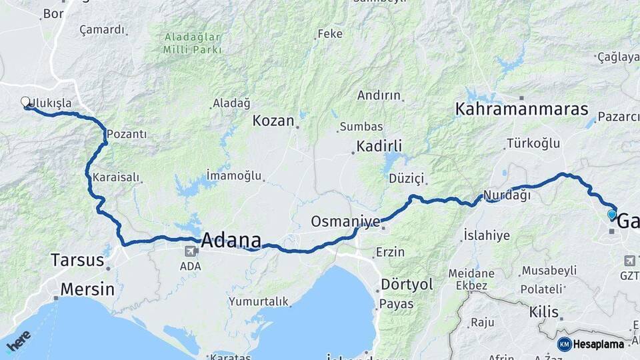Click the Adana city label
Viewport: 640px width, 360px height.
click(231, 240)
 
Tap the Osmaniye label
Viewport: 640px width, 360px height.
click(345, 221)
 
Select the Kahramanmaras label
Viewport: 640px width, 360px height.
click(521, 109)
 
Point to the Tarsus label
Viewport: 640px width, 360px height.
click(77, 260)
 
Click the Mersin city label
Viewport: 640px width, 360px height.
click(87, 289)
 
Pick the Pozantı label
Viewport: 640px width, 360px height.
click(127, 134)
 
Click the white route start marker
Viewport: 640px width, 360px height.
click(26, 102)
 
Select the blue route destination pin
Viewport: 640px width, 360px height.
click(612, 215)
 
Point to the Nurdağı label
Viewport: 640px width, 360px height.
click(506, 195)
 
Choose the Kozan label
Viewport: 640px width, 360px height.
click(273, 121)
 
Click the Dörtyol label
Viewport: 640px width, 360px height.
click(407, 285)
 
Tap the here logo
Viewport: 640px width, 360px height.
click(18, 341)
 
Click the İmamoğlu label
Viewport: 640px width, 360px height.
click(233, 175)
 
